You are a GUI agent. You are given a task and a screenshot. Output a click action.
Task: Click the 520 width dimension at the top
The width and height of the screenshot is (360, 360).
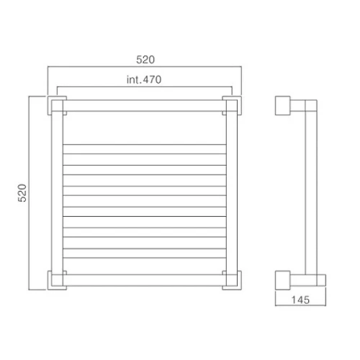pos(145,60)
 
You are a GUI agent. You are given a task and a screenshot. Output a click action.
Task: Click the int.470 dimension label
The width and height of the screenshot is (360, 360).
pos(144,79)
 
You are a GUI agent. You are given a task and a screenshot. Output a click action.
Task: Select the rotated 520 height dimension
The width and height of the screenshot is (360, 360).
pos(22,193)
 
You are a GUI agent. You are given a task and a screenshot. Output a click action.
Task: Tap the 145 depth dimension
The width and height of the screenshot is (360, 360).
pos(300,300)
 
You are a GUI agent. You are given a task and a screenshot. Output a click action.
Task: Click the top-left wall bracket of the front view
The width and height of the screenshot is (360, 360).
pos(50,106)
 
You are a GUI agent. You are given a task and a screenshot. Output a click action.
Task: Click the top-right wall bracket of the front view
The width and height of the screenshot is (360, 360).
pos(240,106)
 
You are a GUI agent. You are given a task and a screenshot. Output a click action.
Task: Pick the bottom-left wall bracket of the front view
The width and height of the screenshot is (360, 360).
pos(50,280)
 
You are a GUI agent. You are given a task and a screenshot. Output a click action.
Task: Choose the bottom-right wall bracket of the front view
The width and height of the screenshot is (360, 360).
pos(240,280)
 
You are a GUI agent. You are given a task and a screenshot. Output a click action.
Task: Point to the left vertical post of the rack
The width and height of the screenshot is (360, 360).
pos(57,193)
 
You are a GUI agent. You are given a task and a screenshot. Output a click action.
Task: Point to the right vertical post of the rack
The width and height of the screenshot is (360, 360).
pos(232,193)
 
